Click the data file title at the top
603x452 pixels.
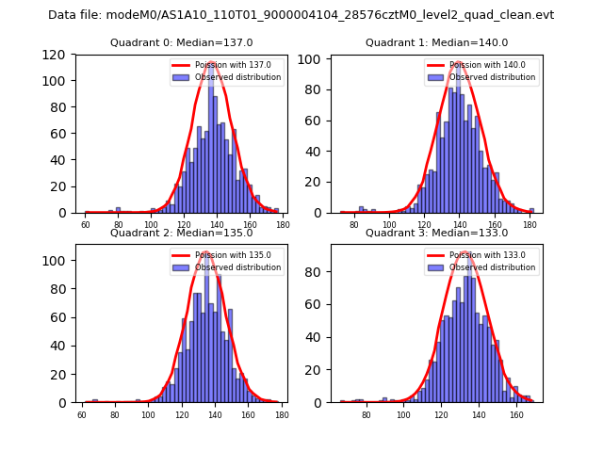(301, 15)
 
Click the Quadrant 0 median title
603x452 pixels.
(181, 42)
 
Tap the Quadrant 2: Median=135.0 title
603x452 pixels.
(181, 233)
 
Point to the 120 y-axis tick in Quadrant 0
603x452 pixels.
(58, 55)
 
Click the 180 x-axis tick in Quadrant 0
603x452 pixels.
(282, 225)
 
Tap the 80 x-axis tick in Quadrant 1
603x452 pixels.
(354, 225)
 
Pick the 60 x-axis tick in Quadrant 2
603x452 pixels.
(82, 414)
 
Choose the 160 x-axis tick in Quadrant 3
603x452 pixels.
(515, 414)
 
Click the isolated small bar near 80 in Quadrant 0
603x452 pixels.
(118, 210)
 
